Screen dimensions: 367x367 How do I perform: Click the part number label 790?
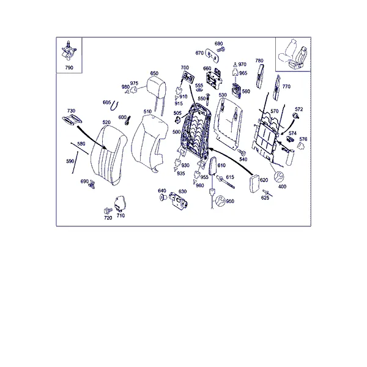coord(69,68)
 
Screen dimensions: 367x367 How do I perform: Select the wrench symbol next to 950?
coord(220,201)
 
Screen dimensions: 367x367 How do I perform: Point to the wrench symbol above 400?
coord(279,177)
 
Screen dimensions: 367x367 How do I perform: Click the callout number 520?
coord(106,122)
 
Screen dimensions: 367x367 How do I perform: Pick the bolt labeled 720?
coord(108,210)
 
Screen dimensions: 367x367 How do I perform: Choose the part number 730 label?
coord(71,111)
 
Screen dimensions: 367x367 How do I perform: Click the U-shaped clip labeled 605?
coord(115,106)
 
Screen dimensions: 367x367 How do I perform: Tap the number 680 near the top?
coord(218,43)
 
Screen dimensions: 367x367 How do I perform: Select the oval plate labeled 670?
coord(212,56)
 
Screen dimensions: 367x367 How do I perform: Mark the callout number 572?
coord(299,109)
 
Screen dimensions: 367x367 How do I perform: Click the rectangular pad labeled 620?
coord(254,183)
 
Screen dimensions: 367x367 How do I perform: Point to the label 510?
coord(147,111)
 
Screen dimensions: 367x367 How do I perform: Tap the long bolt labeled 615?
coord(225,182)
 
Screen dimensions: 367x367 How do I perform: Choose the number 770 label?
coord(286,87)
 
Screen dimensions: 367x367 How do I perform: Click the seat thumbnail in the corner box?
coord(293,54)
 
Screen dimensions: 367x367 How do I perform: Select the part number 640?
coord(162,191)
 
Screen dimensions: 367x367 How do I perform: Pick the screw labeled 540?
coord(242,152)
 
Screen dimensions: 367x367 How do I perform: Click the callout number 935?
coord(181,174)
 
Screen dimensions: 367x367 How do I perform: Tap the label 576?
coord(303,139)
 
